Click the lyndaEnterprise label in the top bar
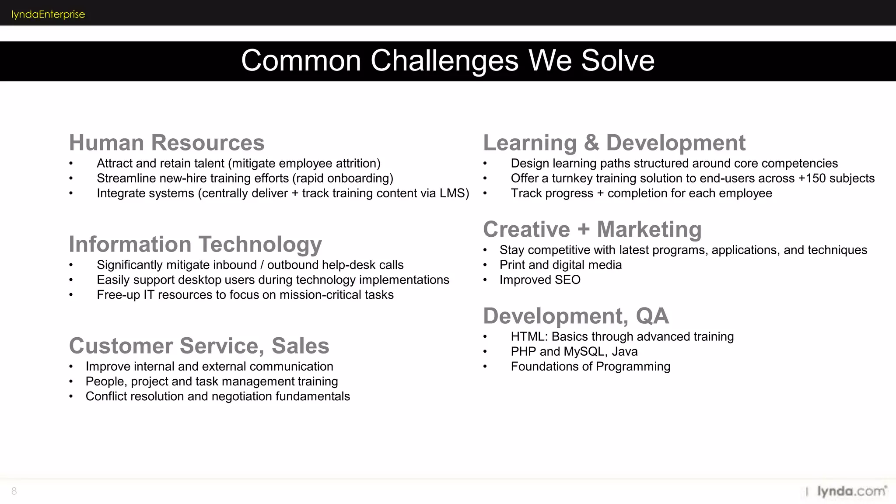(x=48, y=14)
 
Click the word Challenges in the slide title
(x=444, y=60)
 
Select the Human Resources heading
(x=167, y=143)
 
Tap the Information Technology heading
(x=195, y=244)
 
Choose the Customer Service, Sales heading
(x=199, y=346)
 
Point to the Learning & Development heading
(x=614, y=143)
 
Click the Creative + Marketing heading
(x=592, y=229)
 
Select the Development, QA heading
(x=576, y=316)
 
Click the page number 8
(x=14, y=491)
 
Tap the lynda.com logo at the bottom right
(x=851, y=491)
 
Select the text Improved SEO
(x=540, y=280)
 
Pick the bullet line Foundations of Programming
(x=590, y=367)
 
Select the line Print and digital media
(x=560, y=265)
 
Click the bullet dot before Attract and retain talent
(x=71, y=164)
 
